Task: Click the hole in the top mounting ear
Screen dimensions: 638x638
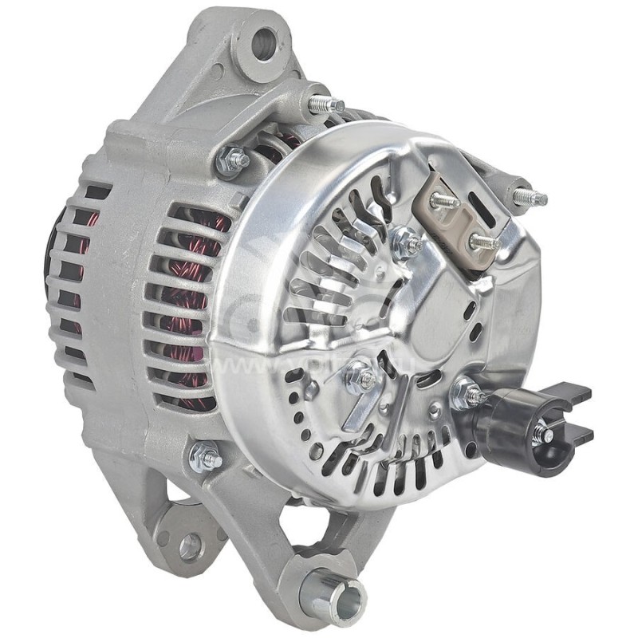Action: (264, 45)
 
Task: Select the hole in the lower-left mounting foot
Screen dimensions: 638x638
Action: (190, 545)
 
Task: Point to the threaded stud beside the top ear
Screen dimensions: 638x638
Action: (325, 104)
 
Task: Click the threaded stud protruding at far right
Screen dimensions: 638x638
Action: (529, 196)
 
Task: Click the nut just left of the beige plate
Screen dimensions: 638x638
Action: (407, 243)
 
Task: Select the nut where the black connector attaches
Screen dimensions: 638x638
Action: (469, 394)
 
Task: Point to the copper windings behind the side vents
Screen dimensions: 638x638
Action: (187, 303)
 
